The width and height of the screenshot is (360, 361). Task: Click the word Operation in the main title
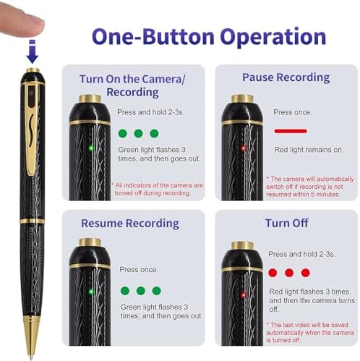coord(273,37)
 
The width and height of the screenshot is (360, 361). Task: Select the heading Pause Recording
coord(286,77)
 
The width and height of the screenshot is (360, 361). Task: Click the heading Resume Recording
coord(130,224)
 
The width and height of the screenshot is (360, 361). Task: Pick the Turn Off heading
coord(286,223)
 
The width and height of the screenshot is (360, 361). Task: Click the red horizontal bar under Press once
coord(291,131)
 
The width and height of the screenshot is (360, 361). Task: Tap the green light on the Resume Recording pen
coord(91,292)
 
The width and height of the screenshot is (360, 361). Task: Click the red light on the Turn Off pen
coord(244,294)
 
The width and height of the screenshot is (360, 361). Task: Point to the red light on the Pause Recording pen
coord(244,148)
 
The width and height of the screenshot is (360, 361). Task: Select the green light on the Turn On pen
coord(91,148)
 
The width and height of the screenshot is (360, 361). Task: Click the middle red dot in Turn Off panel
coord(289,273)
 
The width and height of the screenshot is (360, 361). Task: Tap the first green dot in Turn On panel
coord(123,133)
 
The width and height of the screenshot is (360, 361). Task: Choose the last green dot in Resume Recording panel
coord(157,291)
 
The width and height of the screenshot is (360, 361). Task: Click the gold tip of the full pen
coord(32,337)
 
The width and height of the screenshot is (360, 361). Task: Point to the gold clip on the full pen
coord(31,128)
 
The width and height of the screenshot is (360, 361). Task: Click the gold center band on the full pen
coord(32,221)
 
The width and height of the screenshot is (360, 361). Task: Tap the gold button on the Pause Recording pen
coord(242,98)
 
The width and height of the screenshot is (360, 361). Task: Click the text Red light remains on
coord(309,150)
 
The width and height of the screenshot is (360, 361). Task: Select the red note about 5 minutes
coord(309,187)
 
